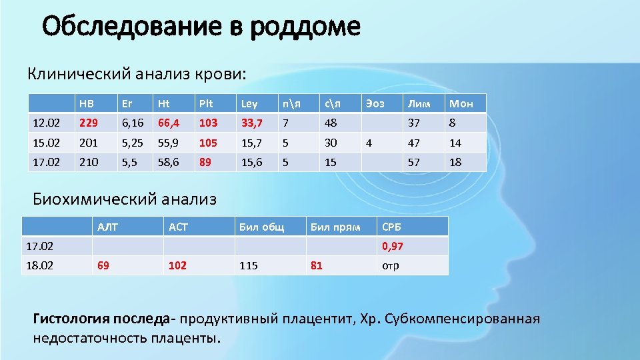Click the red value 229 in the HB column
[x=87, y=123]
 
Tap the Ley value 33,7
[x=251, y=123]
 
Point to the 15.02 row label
[x=45, y=143]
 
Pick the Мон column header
[x=461, y=103]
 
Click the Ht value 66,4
[x=167, y=123]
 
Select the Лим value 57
[x=414, y=162]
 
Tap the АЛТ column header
[x=107, y=227]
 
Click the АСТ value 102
[x=177, y=265]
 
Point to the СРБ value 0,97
[x=393, y=246]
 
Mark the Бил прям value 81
[x=316, y=265]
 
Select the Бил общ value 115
[x=248, y=265]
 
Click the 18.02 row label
[x=39, y=265]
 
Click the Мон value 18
[x=455, y=162]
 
